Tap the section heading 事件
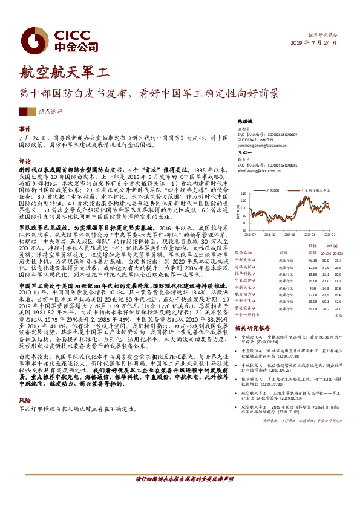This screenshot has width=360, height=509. point(24,129)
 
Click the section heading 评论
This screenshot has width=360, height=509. point(24,161)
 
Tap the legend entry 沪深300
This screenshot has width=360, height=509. point(272,190)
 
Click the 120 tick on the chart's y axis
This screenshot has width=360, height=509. point(244,195)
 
